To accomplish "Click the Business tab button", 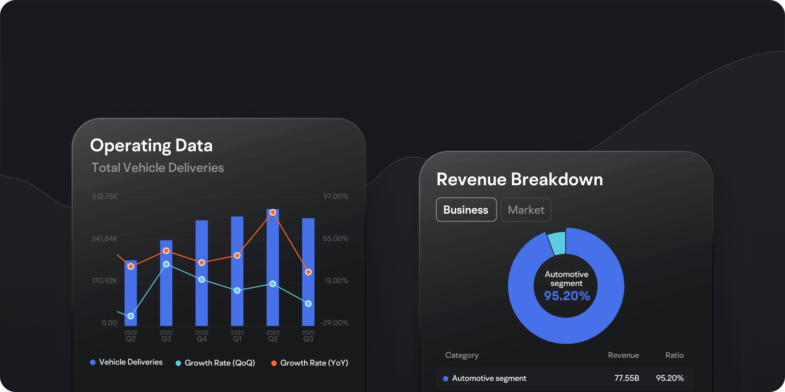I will click(466, 210).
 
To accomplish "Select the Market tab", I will click(526, 210).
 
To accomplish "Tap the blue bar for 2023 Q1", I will click(237, 304).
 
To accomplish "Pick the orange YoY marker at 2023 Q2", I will click(273, 212).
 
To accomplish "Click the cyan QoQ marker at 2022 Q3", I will click(166, 264).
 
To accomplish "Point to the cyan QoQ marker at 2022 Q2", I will click(131, 316).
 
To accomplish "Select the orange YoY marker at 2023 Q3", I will click(308, 272).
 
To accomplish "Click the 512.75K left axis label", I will click(105, 196).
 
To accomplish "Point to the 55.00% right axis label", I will click(336, 239).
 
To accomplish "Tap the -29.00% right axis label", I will click(334, 323).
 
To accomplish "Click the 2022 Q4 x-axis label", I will click(202, 336).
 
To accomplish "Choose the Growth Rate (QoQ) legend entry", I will click(215, 363).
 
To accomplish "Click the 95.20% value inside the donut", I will click(567, 296).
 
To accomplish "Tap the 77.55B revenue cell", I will click(627, 378).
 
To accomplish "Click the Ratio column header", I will click(674, 355).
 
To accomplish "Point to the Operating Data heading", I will click(151, 146).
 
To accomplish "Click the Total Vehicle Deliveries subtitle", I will click(157, 168).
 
